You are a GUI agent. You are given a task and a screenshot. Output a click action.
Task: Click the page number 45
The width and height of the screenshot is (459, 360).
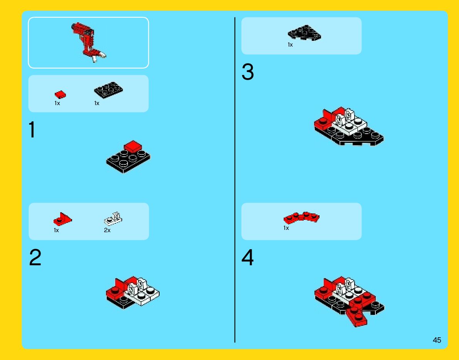[x=437, y=340]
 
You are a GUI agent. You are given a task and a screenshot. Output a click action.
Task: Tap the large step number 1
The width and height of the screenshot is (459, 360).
[x=32, y=130]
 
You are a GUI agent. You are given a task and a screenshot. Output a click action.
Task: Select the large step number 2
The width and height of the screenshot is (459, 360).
[x=35, y=257]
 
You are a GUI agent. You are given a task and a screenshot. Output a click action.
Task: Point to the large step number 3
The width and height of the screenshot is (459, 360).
[x=248, y=72]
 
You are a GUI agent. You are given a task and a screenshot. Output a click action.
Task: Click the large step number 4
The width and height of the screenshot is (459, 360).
[x=247, y=257]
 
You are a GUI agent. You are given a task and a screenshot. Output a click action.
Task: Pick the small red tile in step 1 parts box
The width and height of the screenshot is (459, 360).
[x=60, y=94]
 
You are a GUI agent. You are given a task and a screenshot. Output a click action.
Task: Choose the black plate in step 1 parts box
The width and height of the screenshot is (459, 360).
[x=108, y=90]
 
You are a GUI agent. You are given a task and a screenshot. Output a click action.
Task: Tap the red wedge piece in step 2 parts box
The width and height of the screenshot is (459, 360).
[x=62, y=219]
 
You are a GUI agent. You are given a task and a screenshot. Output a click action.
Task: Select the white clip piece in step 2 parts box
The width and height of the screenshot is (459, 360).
[x=113, y=219]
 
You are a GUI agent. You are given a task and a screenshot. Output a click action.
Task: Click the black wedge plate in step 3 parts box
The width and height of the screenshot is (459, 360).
[x=304, y=32]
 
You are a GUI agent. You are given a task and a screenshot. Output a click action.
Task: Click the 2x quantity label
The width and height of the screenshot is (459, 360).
[x=107, y=231]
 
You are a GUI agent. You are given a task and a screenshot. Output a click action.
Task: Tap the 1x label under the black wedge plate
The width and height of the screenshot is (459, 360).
[x=290, y=45]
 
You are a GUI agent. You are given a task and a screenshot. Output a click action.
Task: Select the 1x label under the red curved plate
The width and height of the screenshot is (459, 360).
[x=286, y=228]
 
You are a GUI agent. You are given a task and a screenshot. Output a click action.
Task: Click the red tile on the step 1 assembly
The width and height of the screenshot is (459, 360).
[x=133, y=147]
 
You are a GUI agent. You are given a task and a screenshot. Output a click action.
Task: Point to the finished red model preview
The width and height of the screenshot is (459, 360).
[x=88, y=42]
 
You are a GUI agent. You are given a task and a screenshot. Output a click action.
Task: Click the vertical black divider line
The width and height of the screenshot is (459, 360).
[x=235, y=180]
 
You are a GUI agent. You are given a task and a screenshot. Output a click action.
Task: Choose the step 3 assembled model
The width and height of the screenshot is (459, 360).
[x=349, y=126]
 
